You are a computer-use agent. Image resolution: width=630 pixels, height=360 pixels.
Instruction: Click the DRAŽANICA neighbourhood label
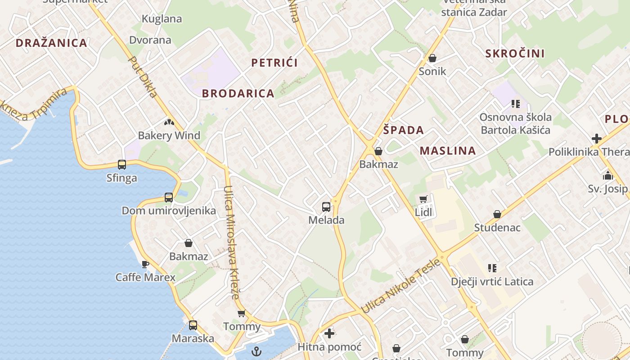tap(51, 43)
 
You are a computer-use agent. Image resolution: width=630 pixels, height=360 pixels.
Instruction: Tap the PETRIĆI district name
tap(274, 63)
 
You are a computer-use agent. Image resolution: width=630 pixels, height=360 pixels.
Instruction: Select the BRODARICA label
tap(238, 94)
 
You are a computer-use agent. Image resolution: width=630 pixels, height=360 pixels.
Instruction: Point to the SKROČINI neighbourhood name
tap(515, 54)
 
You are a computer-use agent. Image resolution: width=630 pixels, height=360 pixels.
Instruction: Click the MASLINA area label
tap(448, 151)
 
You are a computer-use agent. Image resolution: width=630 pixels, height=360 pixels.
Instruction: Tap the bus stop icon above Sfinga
tap(121, 165)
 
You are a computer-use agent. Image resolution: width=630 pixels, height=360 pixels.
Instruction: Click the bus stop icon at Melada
tap(326, 207)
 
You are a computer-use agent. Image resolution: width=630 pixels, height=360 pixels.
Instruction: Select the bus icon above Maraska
tap(193, 325)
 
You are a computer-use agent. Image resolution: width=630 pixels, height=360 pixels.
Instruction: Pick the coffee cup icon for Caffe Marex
tap(145, 264)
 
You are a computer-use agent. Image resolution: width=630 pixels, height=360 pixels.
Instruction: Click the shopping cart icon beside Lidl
tap(423, 199)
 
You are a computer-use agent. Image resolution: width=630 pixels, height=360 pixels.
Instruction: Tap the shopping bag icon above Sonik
tap(432, 58)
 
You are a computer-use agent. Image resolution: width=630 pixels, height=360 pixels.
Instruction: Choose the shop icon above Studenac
tap(497, 214)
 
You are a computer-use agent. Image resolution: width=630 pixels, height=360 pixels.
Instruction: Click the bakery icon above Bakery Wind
tap(169, 122)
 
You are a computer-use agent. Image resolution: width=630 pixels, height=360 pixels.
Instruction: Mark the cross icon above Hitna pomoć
tap(329, 333)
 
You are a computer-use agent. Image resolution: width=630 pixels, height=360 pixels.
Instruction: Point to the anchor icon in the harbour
tap(256, 351)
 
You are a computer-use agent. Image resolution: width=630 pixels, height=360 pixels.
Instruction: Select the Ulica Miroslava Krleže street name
tap(233, 243)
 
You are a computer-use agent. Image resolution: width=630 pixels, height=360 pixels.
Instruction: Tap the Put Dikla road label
tap(143, 77)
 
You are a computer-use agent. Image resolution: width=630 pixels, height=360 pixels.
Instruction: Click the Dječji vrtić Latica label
tap(492, 282)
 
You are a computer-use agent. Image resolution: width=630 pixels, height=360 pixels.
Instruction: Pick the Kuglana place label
tap(162, 19)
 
